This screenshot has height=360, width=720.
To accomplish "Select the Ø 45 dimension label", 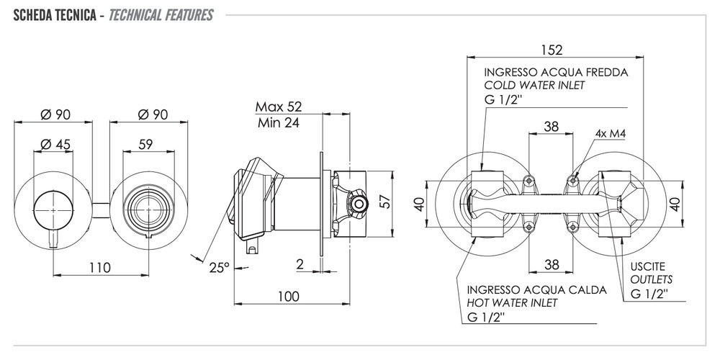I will click(x=55, y=145).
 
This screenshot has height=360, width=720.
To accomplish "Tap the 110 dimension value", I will click(x=100, y=268).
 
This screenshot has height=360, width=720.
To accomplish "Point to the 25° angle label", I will click(x=219, y=267).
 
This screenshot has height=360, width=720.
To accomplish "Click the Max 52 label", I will click(x=279, y=107).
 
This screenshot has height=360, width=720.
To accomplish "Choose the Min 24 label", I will click(x=278, y=122).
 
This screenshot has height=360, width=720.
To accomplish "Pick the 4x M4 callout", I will click(x=610, y=134).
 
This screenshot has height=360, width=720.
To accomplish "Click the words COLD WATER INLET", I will click(x=534, y=85).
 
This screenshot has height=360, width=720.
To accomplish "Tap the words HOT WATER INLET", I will click(x=511, y=303).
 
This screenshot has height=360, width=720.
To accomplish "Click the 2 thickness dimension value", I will click(x=299, y=264).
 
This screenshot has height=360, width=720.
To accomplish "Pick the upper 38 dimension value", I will click(x=551, y=127).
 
